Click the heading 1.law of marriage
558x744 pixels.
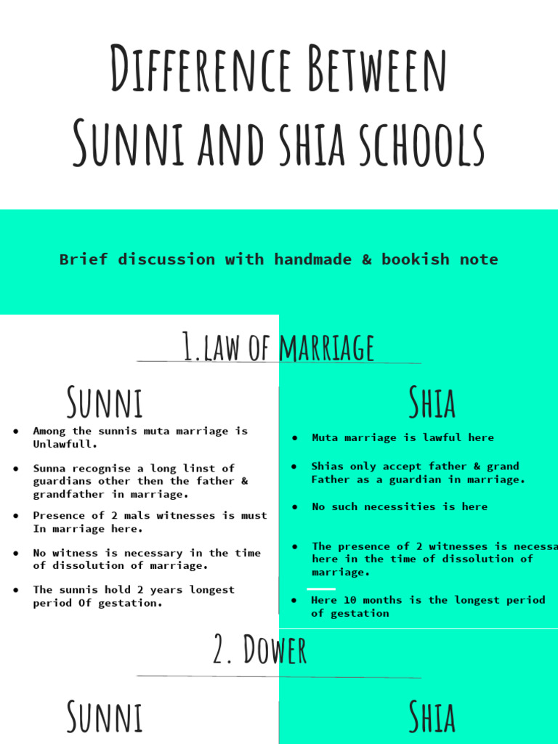pos(278,347)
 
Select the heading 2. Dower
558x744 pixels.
pos(260,650)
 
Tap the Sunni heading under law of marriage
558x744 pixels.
pos(105,403)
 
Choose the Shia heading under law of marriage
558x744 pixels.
pos(432,403)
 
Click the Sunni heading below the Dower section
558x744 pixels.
pos(105,716)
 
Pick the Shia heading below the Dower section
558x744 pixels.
pos(432,716)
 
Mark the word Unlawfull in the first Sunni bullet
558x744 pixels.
pos(65,444)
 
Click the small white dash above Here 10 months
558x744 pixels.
pos(321,589)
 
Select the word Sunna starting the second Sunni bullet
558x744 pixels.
pos(49,468)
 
